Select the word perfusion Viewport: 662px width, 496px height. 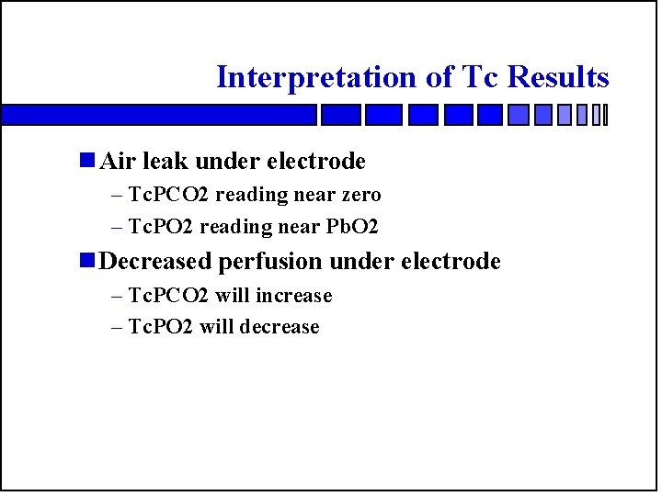(271, 262)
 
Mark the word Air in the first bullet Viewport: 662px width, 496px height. (117, 162)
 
